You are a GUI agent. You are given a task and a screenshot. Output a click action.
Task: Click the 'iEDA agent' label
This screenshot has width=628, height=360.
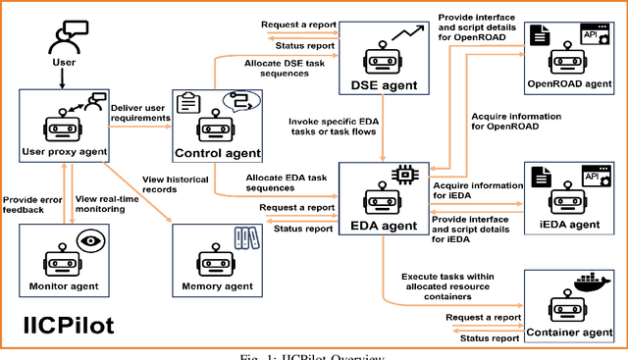pyautogui.click(x=571, y=225)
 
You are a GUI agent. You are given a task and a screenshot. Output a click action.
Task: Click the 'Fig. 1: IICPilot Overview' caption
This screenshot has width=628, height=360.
pyautogui.click(x=314, y=355)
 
